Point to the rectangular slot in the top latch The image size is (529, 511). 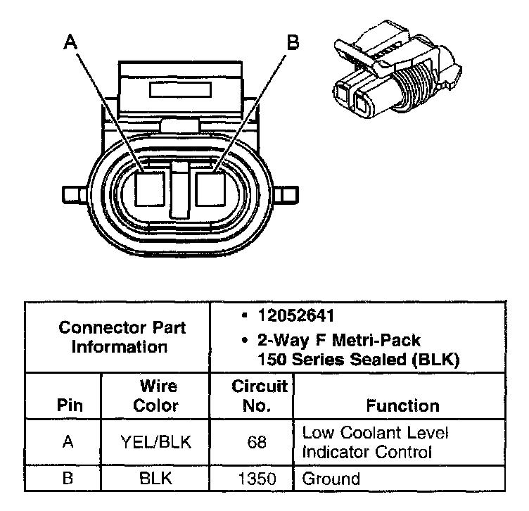tap(181, 90)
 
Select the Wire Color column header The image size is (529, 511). tap(155, 396)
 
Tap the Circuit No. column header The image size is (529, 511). tap(260, 396)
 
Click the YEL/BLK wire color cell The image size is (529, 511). tap(155, 441)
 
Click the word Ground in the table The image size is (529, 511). tap(331, 479)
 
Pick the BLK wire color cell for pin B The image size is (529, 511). tap(155, 479)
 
